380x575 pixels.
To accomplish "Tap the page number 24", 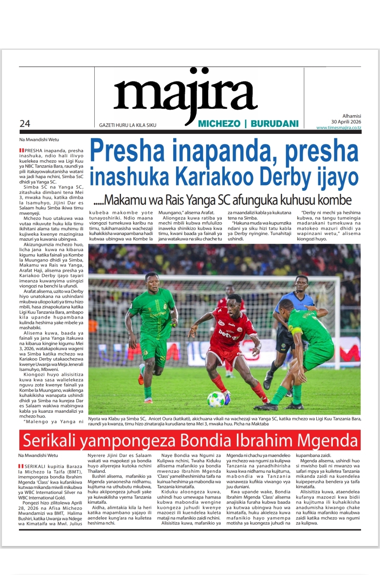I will point(25,124).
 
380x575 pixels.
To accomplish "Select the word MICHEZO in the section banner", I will point(219,124).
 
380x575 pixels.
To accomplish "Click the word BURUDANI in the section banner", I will point(274,124).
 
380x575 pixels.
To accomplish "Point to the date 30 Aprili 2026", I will point(346,122).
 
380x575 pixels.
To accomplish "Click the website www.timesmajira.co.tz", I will point(338,128).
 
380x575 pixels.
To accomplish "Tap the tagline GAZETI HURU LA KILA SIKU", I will point(127,125).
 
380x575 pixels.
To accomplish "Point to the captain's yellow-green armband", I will point(297,331).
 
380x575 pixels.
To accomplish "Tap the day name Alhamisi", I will point(351,116).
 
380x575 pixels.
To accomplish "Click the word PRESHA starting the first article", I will point(33,151).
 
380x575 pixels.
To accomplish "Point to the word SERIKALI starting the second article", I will point(35,466).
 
